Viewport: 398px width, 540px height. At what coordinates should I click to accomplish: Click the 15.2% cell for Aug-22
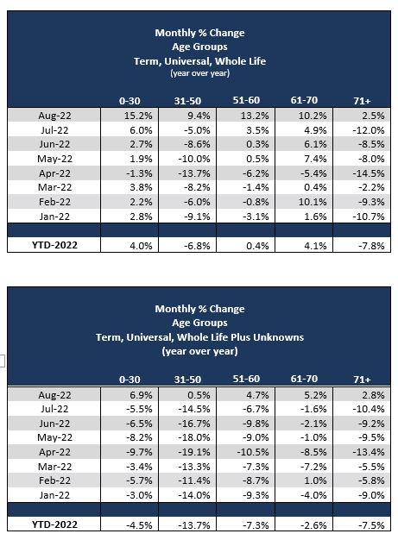142,115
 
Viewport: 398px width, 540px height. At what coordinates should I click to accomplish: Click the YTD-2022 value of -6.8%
199,246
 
